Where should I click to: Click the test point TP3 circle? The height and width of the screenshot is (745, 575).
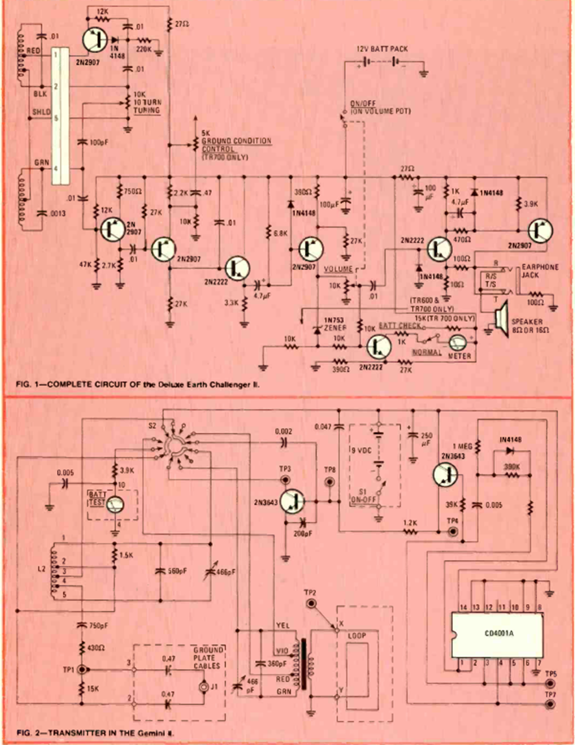(284, 481)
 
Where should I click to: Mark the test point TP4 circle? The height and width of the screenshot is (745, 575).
(454, 531)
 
